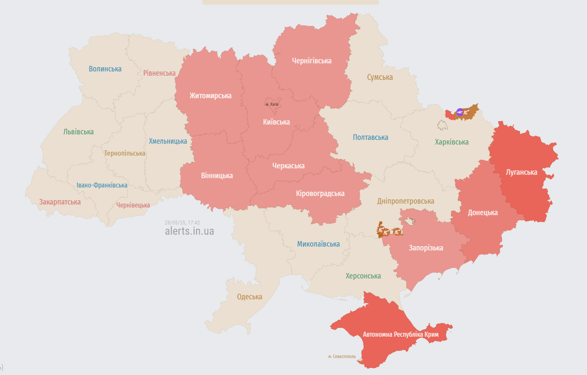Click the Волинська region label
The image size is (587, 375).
click(105, 69)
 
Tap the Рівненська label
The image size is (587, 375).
click(159, 73)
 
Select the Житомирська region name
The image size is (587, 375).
click(210, 96)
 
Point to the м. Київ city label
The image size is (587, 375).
click(272, 104)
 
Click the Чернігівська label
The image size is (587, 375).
click(311, 61)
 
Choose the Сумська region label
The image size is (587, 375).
click(380, 77)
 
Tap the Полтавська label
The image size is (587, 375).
click(370, 137)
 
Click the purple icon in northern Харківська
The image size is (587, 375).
click(460, 112)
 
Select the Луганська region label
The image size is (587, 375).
click(521, 172)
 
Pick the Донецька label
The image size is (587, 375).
click(483, 213)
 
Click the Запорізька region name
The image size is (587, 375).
click(426, 248)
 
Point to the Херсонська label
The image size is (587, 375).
click(363, 276)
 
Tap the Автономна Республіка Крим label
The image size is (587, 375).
click(401, 335)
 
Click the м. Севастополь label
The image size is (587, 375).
click(342, 356)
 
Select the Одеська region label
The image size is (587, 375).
click(249, 297)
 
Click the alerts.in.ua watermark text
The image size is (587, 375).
click(189, 231)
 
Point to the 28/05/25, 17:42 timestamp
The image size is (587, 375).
click(182, 222)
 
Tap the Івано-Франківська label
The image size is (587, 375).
click(102, 185)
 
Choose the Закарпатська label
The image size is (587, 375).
click(60, 202)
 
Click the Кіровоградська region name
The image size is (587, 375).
click(320, 193)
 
